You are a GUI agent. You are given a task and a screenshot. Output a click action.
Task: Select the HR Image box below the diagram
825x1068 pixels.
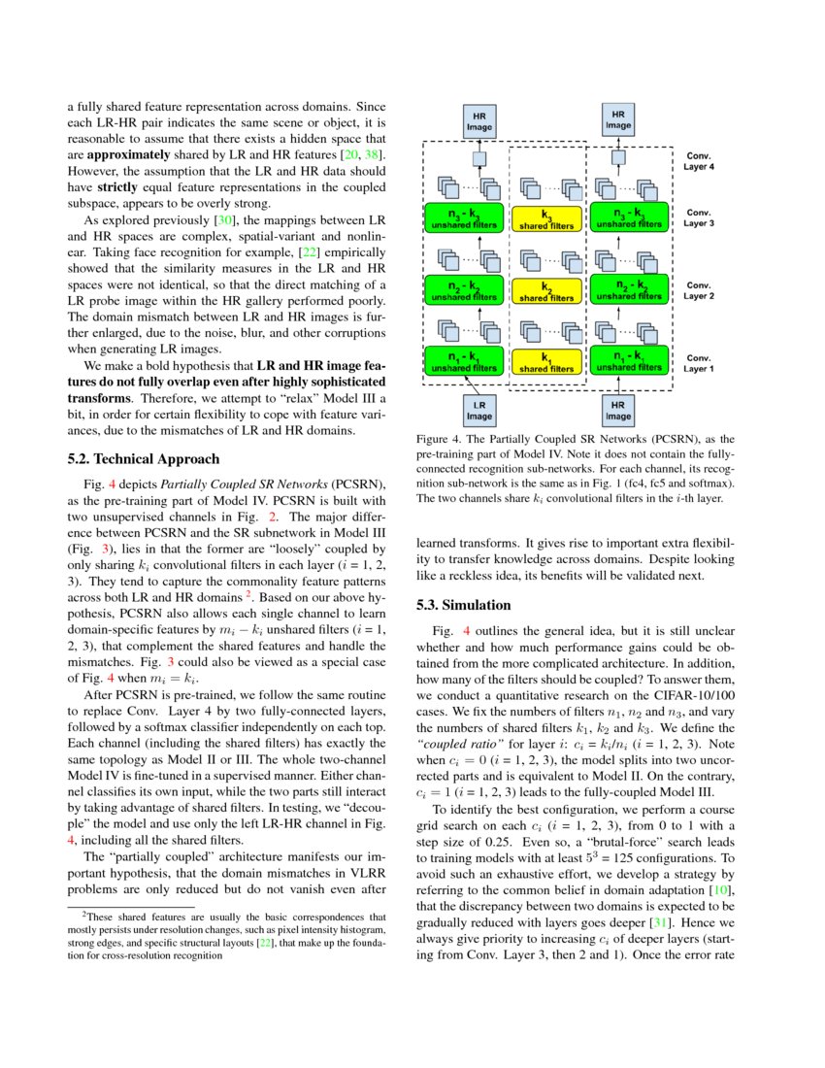[x=618, y=410]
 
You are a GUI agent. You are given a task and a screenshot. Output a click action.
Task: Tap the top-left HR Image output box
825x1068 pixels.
[x=478, y=120]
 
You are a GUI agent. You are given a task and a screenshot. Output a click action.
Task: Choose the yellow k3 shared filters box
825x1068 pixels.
[x=546, y=217]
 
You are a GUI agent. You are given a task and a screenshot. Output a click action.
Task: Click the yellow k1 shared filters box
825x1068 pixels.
[x=546, y=362]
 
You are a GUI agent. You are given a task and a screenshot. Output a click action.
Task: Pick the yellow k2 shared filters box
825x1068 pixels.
[x=546, y=290]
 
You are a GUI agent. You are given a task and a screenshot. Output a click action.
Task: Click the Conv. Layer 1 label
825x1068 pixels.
[x=700, y=363]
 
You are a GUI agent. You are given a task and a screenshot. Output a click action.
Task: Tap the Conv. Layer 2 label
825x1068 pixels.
[x=700, y=290]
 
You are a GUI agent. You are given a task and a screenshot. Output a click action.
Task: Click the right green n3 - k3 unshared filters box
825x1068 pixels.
[x=629, y=217]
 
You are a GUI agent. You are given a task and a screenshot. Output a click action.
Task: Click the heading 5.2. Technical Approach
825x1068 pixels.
[x=144, y=458]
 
